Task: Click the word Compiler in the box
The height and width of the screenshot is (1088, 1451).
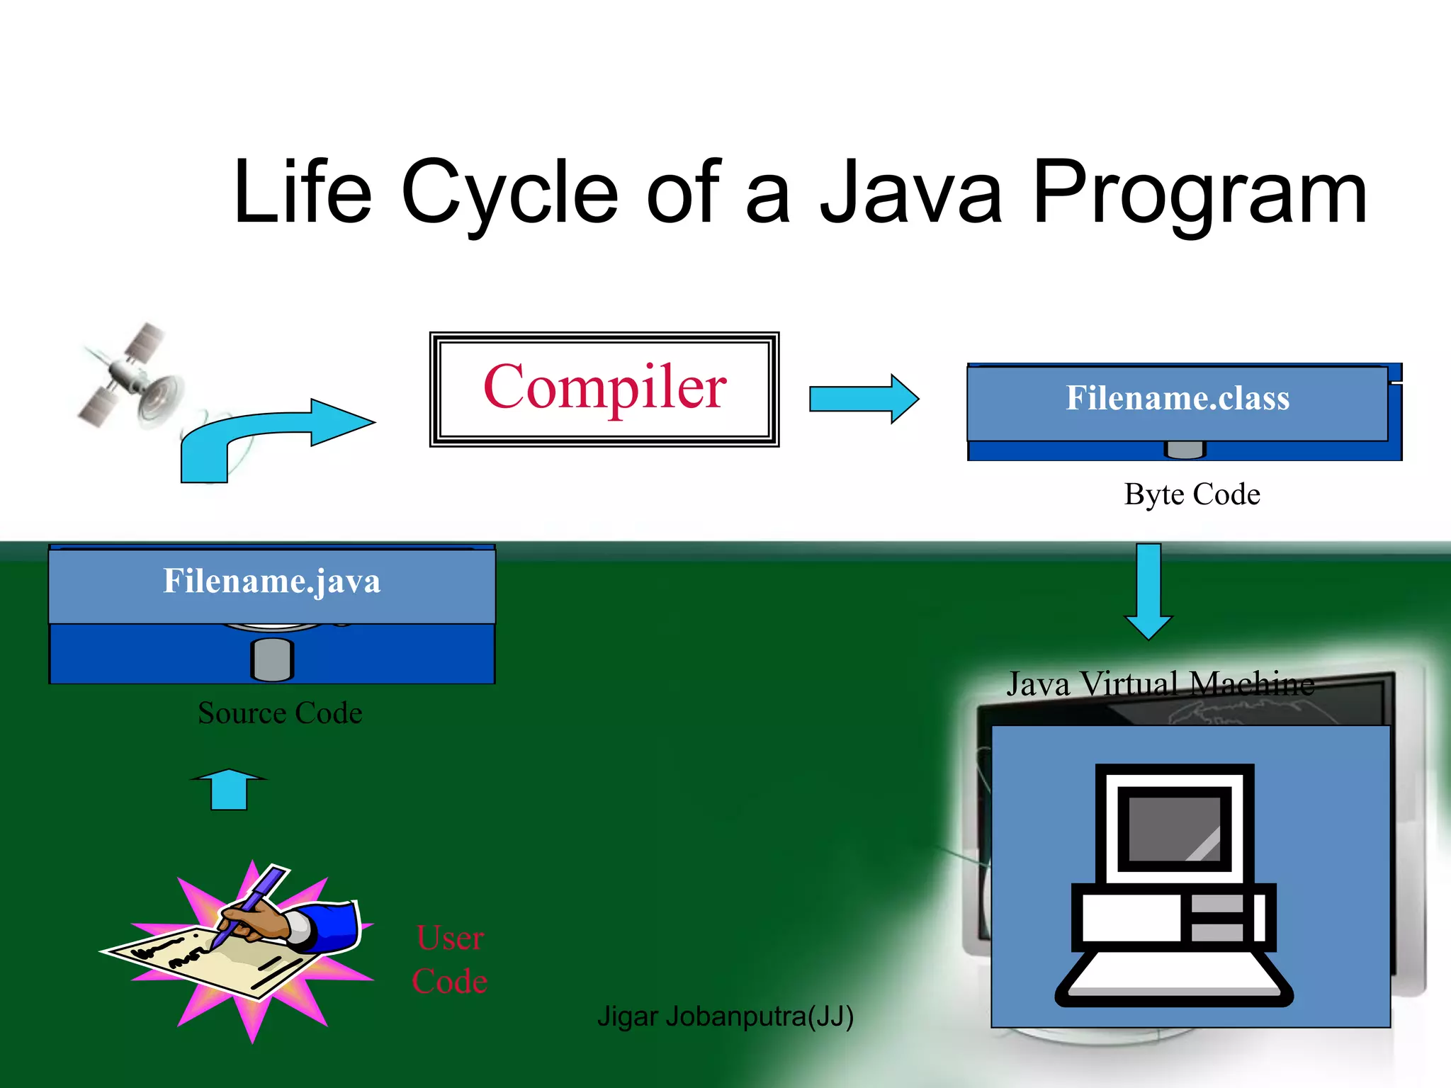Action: click(604, 387)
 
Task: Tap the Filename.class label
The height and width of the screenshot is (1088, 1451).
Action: click(1178, 398)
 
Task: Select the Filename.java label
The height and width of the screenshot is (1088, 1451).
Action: click(272, 582)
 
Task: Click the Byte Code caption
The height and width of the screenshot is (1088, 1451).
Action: click(1192, 494)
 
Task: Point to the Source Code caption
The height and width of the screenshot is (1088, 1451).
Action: click(280, 713)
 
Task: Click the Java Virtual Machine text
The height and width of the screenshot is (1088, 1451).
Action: click(1160, 684)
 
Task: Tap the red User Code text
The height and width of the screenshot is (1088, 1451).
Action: click(450, 959)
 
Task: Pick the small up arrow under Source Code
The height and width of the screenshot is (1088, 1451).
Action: click(229, 789)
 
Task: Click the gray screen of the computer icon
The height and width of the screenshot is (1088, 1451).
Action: click(1174, 829)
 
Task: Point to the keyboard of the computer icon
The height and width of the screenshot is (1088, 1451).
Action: click(1174, 977)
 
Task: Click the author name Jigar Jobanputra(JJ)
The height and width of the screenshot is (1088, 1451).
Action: click(725, 1016)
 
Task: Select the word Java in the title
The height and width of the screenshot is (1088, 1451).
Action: click(911, 193)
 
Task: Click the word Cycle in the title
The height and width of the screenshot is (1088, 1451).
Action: click(509, 193)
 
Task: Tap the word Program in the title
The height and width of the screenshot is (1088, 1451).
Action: click(1199, 193)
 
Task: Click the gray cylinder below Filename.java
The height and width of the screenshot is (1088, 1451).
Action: click(272, 659)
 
